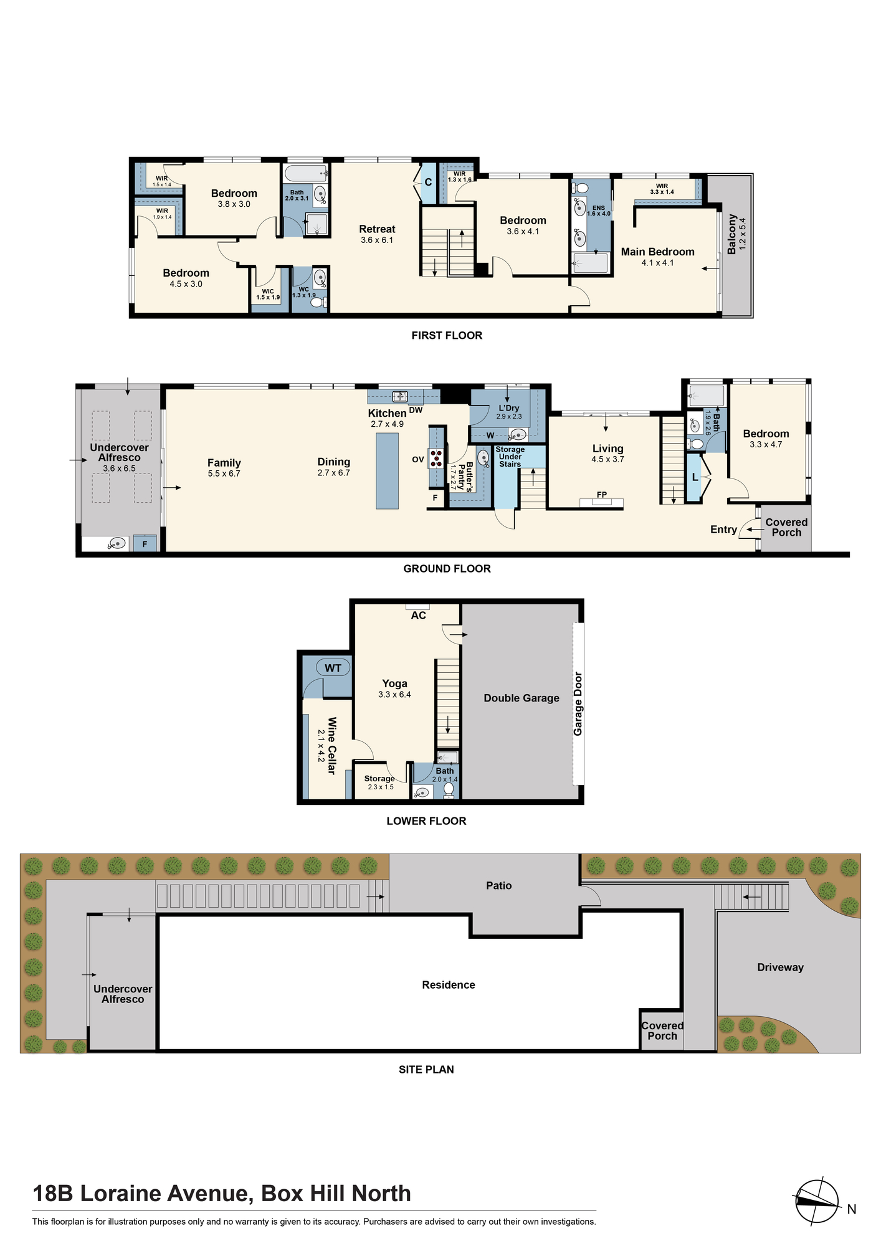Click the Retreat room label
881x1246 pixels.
point(377,229)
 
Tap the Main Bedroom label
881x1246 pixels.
point(657,252)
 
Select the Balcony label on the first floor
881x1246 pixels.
point(732,234)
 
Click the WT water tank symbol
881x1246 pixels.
point(333,668)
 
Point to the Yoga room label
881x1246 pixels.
point(394,683)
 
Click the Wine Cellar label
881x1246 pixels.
point(331,746)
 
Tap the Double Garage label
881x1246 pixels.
point(521,698)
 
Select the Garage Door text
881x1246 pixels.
point(578,703)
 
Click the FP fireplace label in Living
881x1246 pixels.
point(602,495)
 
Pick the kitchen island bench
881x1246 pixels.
point(387,471)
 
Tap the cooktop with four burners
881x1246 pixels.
point(437,458)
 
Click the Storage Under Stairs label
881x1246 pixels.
point(510,457)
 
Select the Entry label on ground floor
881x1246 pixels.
point(723,530)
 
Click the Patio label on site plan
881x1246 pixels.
point(499,885)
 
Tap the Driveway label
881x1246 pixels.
point(780,968)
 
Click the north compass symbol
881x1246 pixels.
point(817,1202)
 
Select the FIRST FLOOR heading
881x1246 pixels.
point(447,335)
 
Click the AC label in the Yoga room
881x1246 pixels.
point(418,616)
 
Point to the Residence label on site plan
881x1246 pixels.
point(449,985)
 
